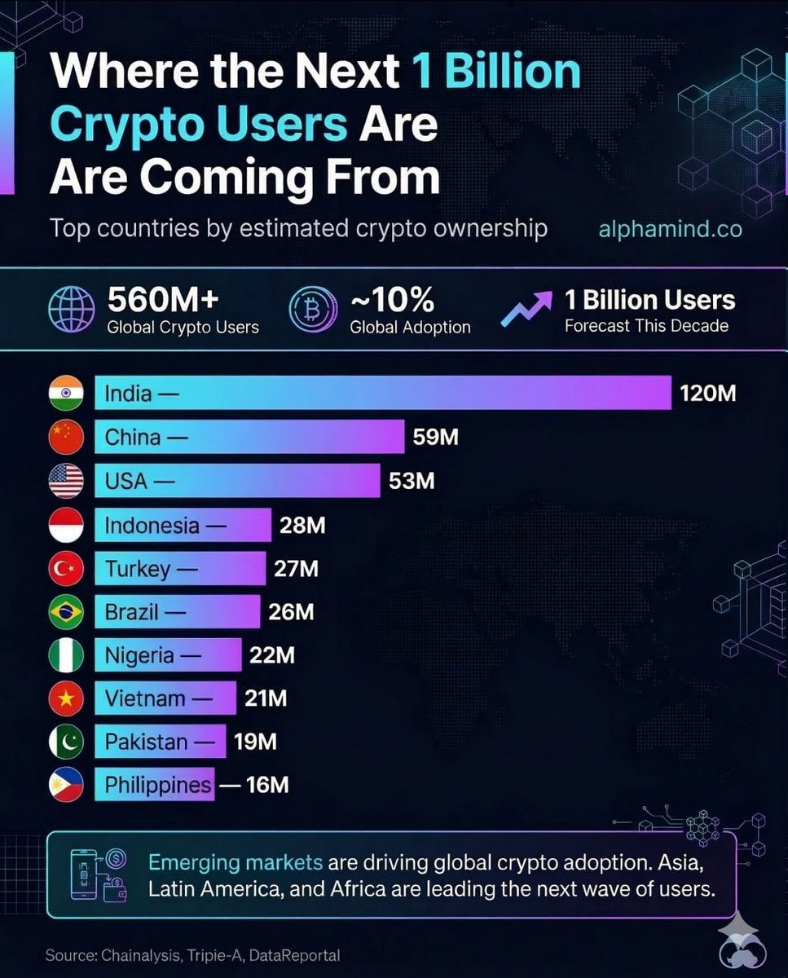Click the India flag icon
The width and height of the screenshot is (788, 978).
point(66,394)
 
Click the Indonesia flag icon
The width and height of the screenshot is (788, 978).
point(66,526)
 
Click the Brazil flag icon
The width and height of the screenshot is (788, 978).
point(66,612)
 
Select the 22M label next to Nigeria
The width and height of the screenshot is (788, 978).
point(271,655)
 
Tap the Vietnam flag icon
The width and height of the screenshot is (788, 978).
point(66,699)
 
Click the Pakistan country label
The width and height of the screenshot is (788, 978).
point(147,742)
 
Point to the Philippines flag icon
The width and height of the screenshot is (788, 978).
point(66,786)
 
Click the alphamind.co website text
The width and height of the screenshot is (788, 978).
point(670,229)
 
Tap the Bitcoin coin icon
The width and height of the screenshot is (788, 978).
point(313,311)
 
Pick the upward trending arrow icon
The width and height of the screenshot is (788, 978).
point(525,311)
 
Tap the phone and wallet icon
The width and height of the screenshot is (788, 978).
point(104,874)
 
